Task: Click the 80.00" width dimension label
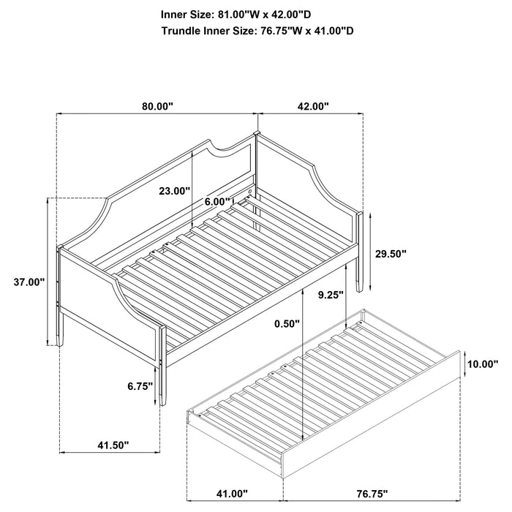click(x=157, y=106)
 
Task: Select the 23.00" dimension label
click(x=175, y=191)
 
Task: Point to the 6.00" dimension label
click(x=218, y=201)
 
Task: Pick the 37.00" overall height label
click(x=29, y=282)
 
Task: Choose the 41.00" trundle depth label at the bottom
click(x=230, y=494)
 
